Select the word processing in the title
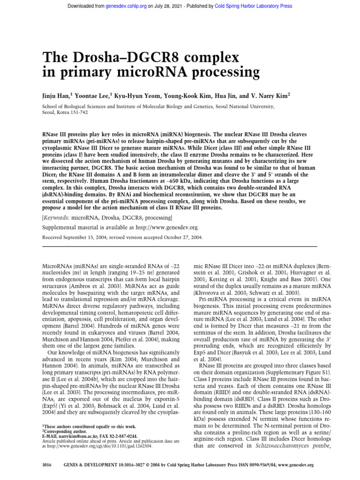(222, 73)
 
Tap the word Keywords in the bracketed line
(58, 218)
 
